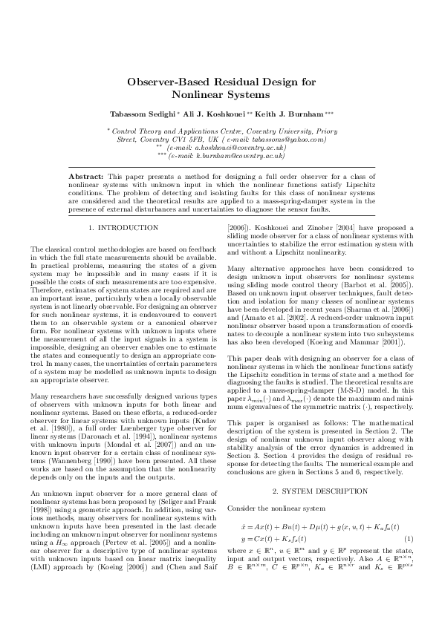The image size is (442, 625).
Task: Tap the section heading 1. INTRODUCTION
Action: click(x=123, y=227)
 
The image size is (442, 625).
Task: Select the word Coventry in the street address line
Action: click(x=159, y=138)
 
